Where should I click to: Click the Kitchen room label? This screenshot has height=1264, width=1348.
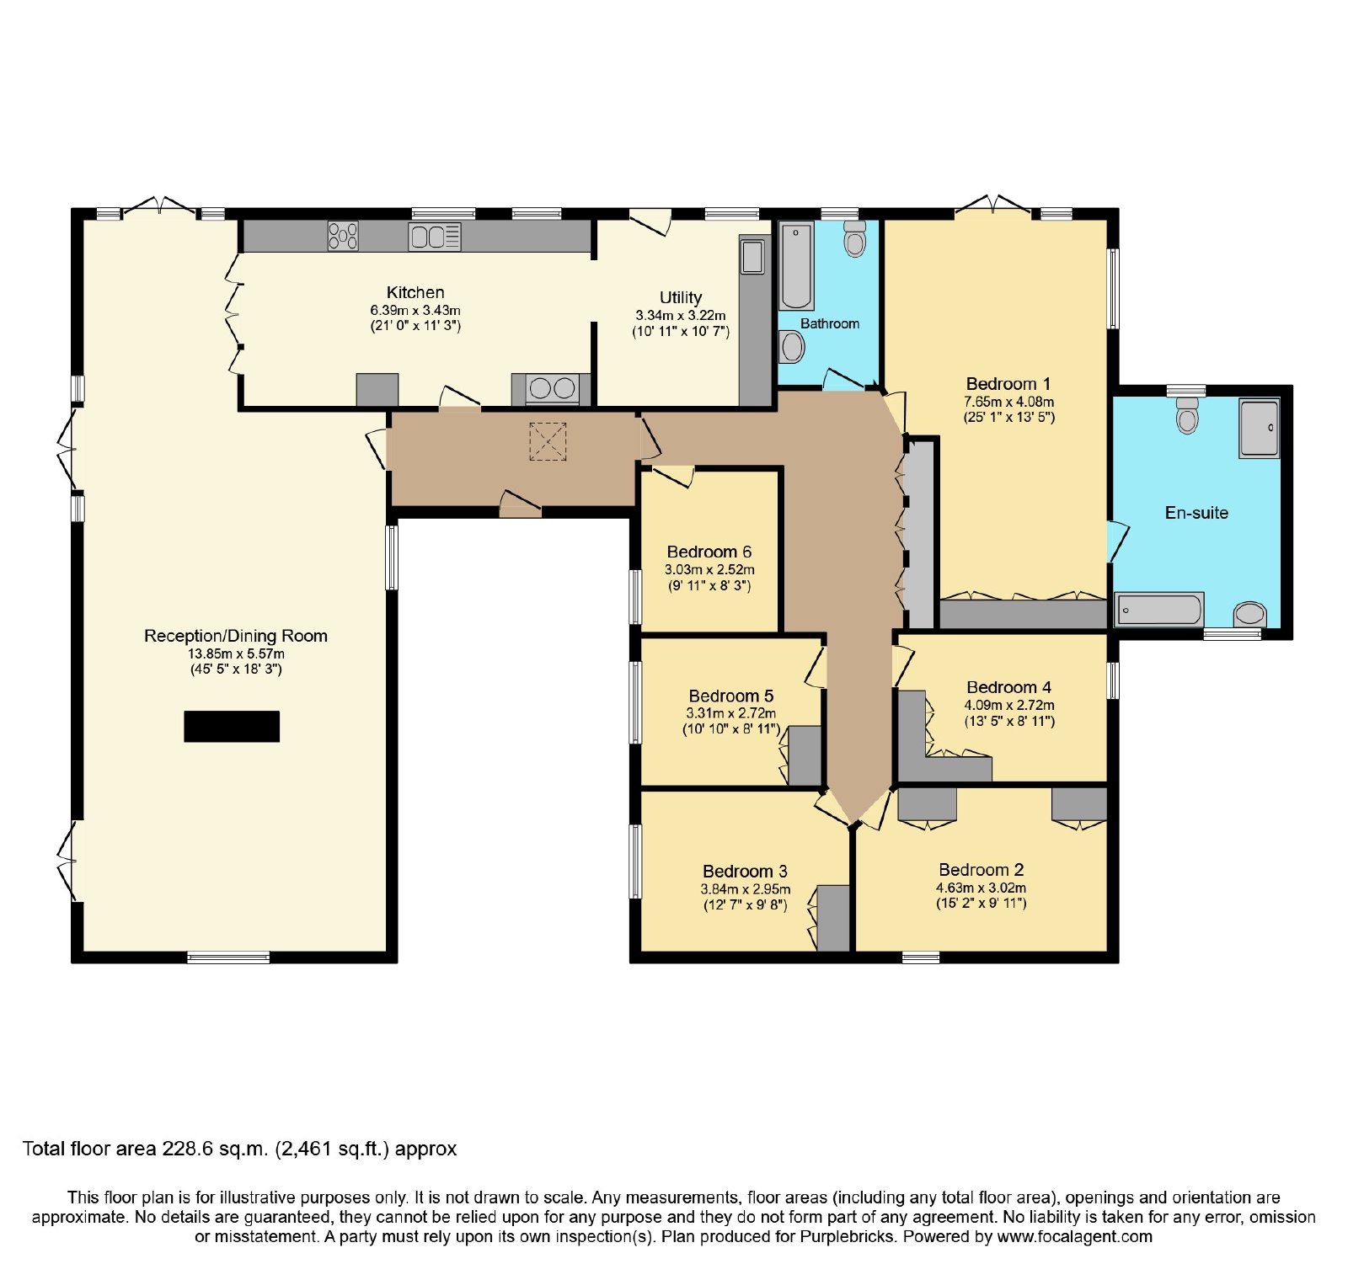415,292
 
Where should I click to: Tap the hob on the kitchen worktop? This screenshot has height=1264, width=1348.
343,236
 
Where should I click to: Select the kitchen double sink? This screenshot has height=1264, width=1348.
435,237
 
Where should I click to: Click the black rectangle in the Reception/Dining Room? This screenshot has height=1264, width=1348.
232,727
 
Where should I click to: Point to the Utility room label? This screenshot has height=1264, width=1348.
681,297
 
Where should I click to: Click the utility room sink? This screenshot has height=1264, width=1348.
752,257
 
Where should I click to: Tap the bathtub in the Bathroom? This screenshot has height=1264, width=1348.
796,266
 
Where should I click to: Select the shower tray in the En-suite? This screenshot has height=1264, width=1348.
1259,429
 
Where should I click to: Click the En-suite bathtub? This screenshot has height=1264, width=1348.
1159,610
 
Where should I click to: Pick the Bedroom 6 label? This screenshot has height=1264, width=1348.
709,552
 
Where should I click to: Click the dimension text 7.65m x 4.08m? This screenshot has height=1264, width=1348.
1009,402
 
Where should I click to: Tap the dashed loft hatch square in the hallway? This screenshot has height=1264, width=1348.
548,441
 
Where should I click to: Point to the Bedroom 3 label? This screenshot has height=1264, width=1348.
746,872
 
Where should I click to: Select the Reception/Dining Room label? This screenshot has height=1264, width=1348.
236,636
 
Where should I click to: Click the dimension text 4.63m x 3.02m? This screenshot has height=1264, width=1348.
982,888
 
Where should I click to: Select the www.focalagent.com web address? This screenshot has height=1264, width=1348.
1075,1237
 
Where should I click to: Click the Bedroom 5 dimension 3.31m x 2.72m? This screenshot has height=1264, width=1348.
731,713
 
